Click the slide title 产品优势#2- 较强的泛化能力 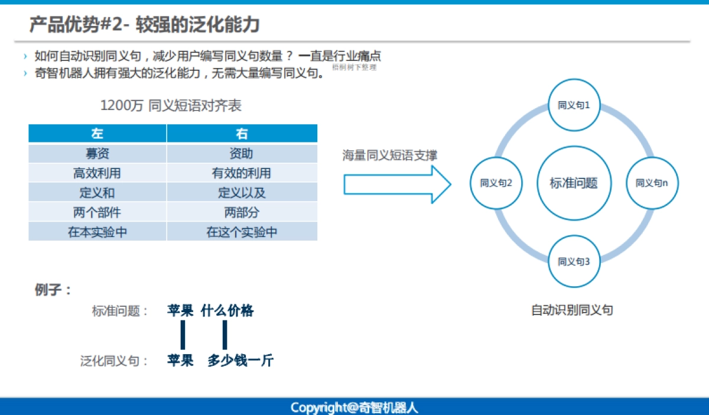(144, 24)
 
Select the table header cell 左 (97, 134)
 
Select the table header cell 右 (242, 134)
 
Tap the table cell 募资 (97, 154)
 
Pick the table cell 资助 (242, 154)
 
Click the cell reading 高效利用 (97, 173)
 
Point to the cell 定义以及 (242, 193)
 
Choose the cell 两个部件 (97, 212)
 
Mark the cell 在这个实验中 (242, 232)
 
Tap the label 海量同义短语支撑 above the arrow (390, 155)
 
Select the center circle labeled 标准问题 (574, 183)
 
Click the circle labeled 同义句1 (574, 105)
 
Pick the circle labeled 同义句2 (496, 183)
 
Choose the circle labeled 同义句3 (574, 261)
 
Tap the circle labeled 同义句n (652, 183)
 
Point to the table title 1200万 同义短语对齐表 (171, 106)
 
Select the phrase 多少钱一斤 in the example (240, 361)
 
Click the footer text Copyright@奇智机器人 (354, 407)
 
